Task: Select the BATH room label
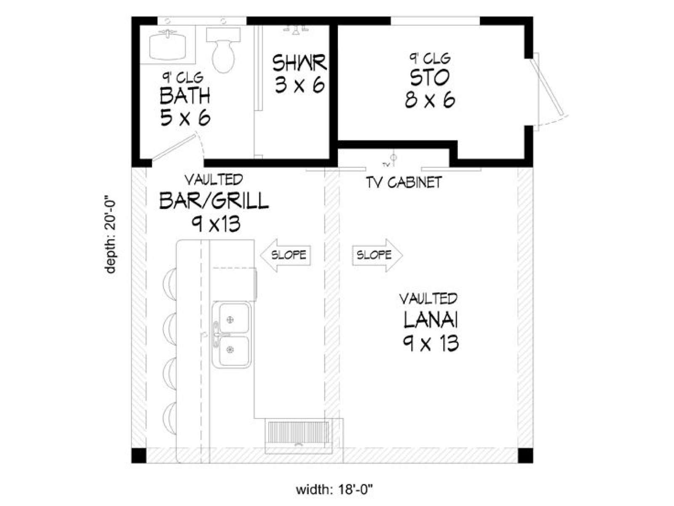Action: pyautogui.click(x=185, y=96)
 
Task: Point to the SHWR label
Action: pyautogui.click(x=299, y=63)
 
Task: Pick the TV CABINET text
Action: pyautogui.click(x=404, y=183)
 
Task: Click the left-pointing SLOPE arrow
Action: pyautogui.click(x=286, y=255)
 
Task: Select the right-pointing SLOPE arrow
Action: pyautogui.click(x=377, y=255)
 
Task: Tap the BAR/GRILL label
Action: pyautogui.click(x=214, y=201)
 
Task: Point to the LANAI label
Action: pyautogui.click(x=431, y=320)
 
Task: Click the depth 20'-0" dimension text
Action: pyautogui.click(x=110, y=234)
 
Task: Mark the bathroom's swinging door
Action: pyautogui.click(x=174, y=147)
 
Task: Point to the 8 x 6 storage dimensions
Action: pyautogui.click(x=430, y=100)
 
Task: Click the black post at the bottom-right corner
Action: pyautogui.click(x=525, y=456)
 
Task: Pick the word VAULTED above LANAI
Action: pyautogui.click(x=428, y=299)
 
